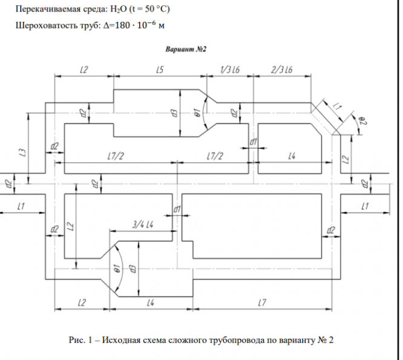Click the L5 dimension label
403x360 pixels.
click(x=159, y=70)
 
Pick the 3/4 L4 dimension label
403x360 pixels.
click(x=143, y=225)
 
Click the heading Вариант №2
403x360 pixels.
click(x=187, y=48)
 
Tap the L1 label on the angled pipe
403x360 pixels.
click(x=337, y=105)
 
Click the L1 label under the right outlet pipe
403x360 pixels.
click(x=364, y=207)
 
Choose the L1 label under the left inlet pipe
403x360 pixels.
click(x=21, y=207)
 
